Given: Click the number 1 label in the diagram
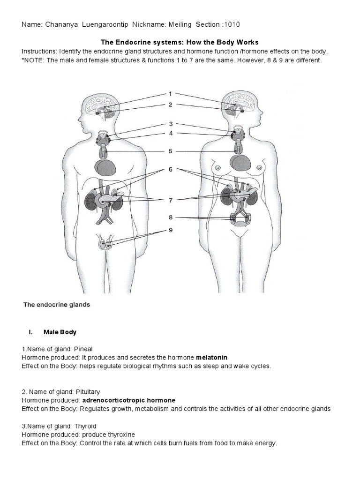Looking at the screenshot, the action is [171, 94].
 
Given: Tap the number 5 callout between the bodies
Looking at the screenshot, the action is [171, 151].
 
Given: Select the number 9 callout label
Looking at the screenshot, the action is [171, 230].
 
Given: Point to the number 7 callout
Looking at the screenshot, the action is [171, 200].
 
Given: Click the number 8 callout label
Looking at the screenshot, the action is [171, 217].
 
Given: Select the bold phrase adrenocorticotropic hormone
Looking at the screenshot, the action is [129, 400].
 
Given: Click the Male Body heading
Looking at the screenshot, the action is [60, 332].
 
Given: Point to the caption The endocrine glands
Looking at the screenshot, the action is [57, 305].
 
